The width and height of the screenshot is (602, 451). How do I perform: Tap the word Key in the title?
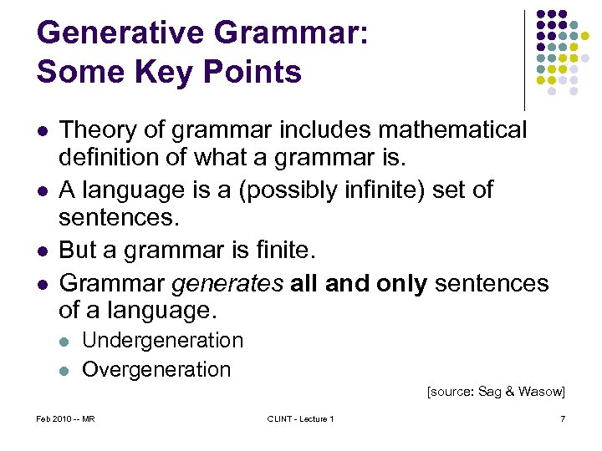click(x=168, y=73)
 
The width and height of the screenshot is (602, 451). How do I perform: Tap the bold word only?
click(x=402, y=283)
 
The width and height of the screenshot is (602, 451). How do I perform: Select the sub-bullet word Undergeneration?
click(x=162, y=341)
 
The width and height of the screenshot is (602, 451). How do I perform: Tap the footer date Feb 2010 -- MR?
click(x=66, y=418)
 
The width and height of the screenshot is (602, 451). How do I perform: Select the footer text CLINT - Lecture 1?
click(x=300, y=418)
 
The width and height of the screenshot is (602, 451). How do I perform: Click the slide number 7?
click(x=563, y=418)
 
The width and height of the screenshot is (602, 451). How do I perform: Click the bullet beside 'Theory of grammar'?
click(x=42, y=131)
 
